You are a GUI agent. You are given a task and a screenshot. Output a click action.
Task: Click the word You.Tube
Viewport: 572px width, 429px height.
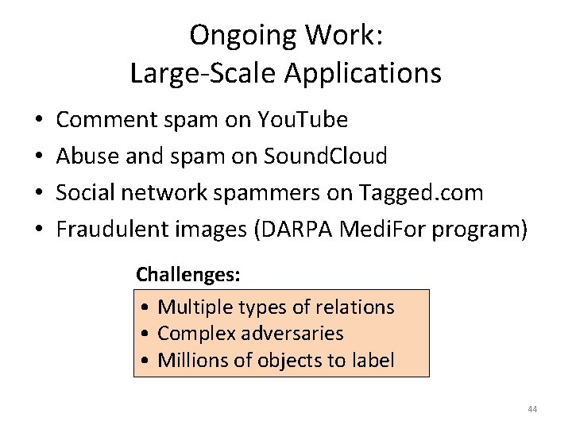(x=303, y=120)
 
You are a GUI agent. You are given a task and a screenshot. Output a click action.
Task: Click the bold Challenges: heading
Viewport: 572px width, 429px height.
(x=188, y=275)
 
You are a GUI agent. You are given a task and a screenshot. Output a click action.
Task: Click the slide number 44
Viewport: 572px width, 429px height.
(x=531, y=409)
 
